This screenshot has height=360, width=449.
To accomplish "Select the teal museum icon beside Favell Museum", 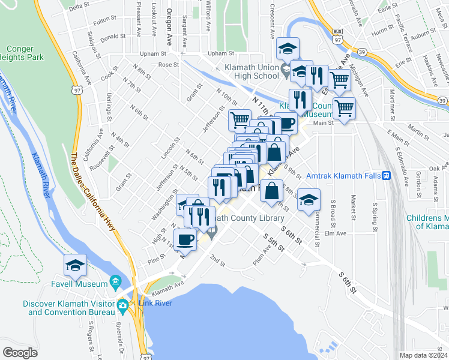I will click(x=115, y=283).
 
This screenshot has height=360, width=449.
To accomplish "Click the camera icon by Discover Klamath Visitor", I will click(x=122, y=305).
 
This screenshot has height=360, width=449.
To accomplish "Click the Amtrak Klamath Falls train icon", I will click(x=387, y=176).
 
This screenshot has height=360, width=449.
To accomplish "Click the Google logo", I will click(x=20, y=352).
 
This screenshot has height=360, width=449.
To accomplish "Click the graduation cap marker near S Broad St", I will click(x=309, y=200).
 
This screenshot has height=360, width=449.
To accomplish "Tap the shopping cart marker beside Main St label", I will click(x=345, y=109).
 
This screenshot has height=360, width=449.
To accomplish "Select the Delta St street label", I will click(x=79, y=8).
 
